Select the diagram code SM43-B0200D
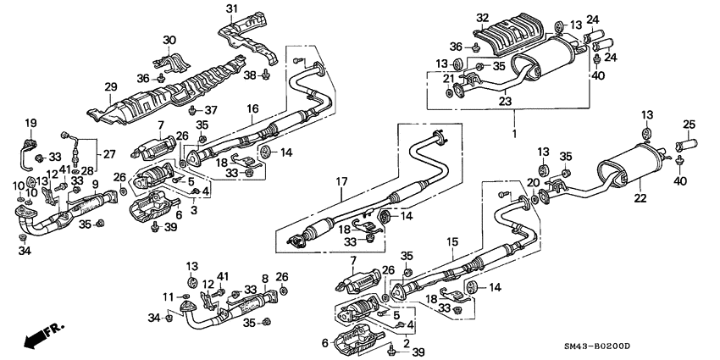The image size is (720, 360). (658, 348)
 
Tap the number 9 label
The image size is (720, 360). (95, 184)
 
